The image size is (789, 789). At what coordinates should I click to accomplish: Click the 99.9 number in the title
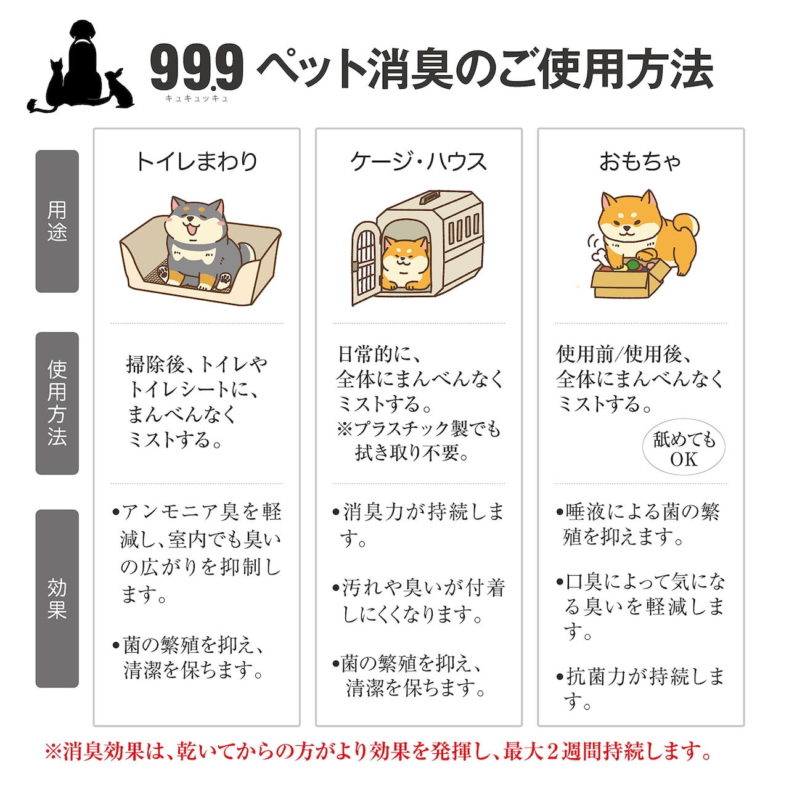coord(197,68)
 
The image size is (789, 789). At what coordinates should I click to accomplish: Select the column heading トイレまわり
coord(197,161)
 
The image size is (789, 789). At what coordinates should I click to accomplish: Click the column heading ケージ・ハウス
coord(419,161)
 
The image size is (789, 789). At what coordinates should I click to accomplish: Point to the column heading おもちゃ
coord(640,161)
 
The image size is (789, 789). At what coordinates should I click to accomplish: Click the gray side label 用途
coord(57,221)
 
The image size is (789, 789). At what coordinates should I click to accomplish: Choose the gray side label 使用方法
coord(57,403)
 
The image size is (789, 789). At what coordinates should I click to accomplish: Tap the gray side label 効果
coord(57,599)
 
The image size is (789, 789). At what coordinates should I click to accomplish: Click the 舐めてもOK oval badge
coord(684,449)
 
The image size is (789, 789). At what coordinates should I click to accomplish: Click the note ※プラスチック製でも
coord(419,429)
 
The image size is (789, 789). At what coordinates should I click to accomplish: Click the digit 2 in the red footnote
coord(550,752)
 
